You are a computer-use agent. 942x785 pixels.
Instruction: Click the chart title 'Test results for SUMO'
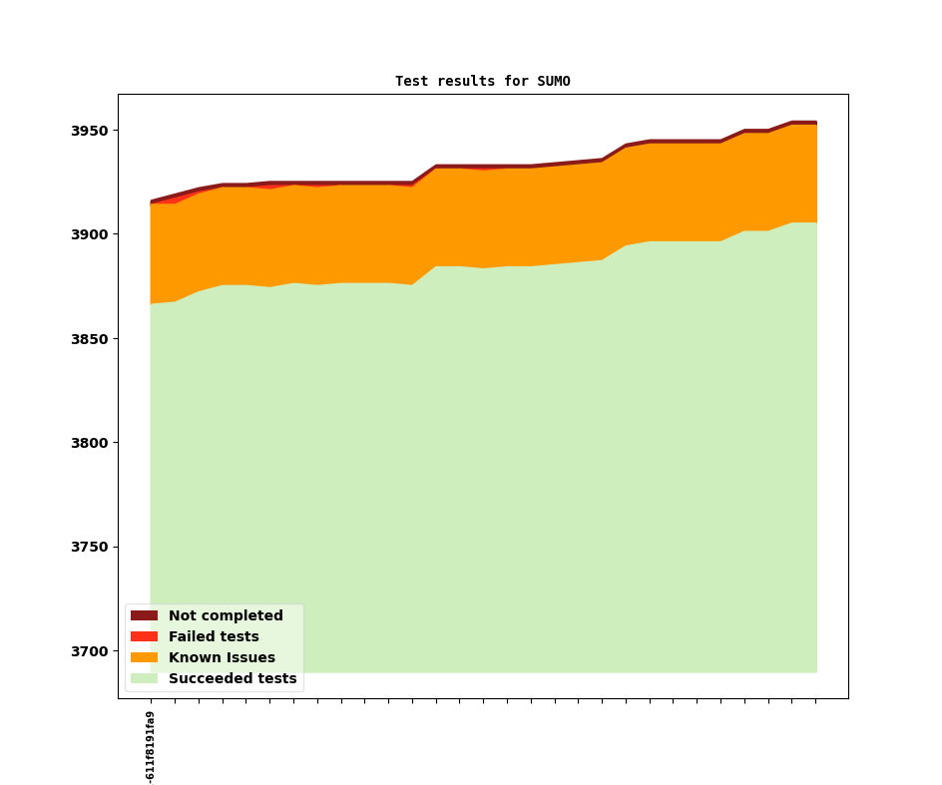[x=482, y=82]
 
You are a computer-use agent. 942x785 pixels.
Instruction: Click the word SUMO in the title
[x=554, y=82]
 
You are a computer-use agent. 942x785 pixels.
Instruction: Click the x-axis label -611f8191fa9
[x=151, y=747]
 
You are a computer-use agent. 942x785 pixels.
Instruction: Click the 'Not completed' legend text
[x=226, y=616]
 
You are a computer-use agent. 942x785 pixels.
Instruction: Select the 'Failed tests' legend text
[x=214, y=637]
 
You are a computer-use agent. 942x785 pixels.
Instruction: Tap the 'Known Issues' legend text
[x=222, y=658]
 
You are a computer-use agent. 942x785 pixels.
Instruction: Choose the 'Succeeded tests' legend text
[x=233, y=679]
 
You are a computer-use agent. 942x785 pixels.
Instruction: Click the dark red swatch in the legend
[x=144, y=616]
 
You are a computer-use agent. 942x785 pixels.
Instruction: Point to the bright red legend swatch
[x=144, y=637]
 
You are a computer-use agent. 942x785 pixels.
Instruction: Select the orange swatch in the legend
[x=144, y=658]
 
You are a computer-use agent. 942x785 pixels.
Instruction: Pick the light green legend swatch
[x=144, y=679]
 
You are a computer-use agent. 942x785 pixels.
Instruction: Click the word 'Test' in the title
[x=411, y=82]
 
